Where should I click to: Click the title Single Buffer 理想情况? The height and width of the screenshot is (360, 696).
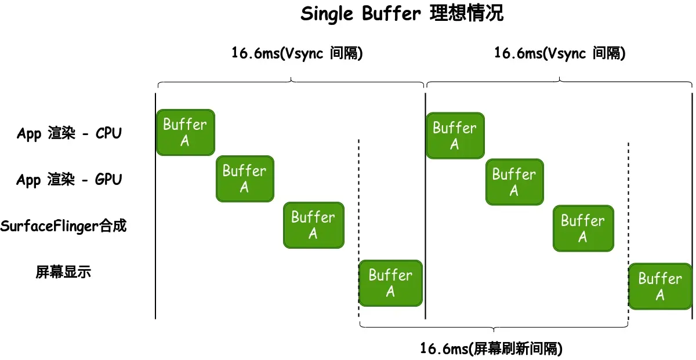pos(402,14)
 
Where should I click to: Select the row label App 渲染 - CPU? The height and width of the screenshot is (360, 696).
pos(69,133)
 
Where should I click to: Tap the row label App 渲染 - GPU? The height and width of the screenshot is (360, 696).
pos(69,180)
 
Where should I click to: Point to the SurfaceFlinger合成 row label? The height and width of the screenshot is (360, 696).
pos(63,226)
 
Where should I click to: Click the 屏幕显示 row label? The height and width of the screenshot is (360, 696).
pos(63,271)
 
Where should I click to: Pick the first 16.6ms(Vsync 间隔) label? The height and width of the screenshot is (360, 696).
pos(297,53)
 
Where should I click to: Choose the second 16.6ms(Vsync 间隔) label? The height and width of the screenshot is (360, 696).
pos(560,53)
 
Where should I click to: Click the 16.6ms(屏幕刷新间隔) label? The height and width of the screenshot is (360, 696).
pos(491,348)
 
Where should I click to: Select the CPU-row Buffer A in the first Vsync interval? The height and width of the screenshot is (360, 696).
pos(185,132)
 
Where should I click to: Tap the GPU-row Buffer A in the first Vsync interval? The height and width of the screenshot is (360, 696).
pos(245,179)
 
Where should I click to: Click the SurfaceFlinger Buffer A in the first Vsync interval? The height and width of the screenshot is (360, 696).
pos(313,225)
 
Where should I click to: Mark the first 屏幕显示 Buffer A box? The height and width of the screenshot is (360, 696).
pos(390,283)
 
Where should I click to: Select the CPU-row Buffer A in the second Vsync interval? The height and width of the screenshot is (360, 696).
pos(455,136)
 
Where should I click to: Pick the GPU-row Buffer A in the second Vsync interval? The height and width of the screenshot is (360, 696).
pos(514,182)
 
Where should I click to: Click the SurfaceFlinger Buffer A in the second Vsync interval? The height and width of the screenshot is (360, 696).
pos(583,228)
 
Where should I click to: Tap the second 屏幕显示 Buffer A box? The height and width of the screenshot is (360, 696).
pos(660,286)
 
